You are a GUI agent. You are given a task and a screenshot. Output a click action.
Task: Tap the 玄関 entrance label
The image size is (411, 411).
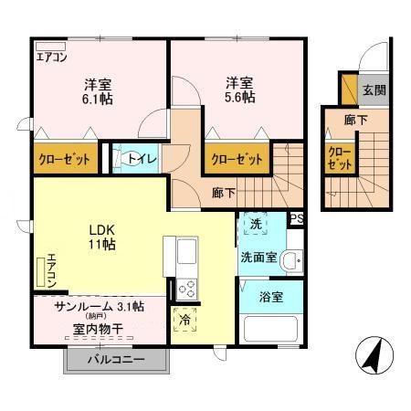373,90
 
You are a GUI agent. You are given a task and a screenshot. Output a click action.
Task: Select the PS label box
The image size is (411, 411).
296,218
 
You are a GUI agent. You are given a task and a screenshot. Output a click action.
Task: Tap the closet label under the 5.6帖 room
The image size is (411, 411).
236,159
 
